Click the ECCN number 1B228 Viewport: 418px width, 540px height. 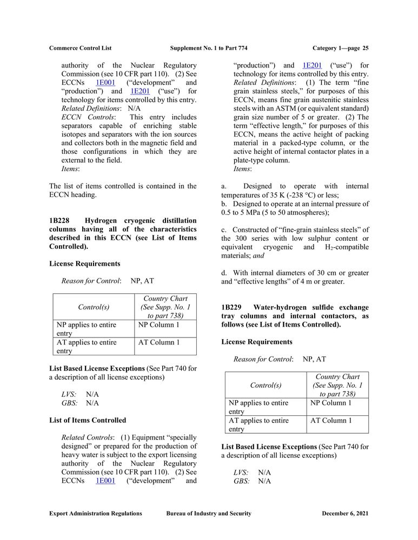[x=59, y=220]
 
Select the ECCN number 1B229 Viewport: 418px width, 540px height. [x=231, y=307]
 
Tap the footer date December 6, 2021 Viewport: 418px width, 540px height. [x=345, y=514]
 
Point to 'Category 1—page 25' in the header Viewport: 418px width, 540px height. [x=341, y=48]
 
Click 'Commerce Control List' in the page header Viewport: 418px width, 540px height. [x=80, y=48]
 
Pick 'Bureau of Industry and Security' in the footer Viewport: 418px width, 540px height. [x=209, y=514]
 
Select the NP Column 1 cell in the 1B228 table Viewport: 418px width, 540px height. [x=158, y=325]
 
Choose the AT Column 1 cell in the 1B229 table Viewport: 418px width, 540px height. [x=330, y=421]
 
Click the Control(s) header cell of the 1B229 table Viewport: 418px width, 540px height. [x=265, y=386]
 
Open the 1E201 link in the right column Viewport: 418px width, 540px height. [x=312, y=65]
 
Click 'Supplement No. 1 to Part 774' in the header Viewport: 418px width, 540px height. [x=209, y=48]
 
